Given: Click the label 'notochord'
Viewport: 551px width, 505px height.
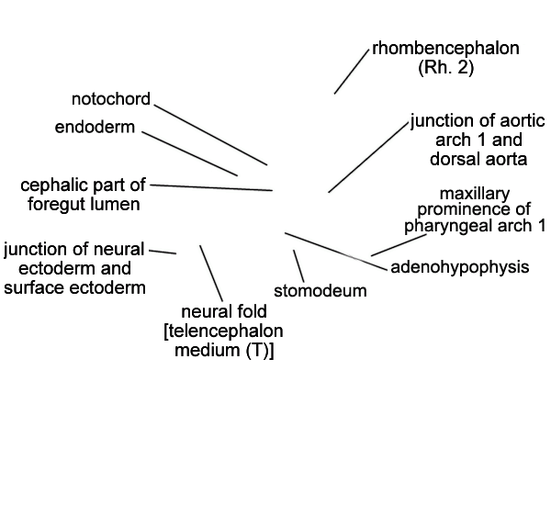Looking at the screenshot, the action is [x=111, y=99].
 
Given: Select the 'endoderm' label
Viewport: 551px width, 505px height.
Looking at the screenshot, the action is [x=95, y=127].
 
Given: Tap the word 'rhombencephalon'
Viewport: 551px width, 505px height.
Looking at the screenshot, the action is [x=445, y=48].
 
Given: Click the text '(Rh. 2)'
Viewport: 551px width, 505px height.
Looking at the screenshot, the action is [x=446, y=67].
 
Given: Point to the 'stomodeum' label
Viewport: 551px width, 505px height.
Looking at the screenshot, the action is [x=320, y=291].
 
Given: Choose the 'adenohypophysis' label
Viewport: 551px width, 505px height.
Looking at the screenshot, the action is [x=460, y=267].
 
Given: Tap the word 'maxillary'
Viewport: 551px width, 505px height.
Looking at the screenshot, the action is [x=475, y=194].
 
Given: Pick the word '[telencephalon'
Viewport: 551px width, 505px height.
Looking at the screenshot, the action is [x=223, y=331].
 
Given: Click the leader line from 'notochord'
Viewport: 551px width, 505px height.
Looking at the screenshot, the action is [x=210, y=135].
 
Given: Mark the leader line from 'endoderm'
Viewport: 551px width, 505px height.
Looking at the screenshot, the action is [x=190, y=153].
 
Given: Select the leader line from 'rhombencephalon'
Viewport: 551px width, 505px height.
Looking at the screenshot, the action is [x=352, y=72].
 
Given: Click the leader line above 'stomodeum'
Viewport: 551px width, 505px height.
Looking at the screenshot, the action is [x=298, y=266].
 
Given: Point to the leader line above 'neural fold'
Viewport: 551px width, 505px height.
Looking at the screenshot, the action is [x=211, y=273].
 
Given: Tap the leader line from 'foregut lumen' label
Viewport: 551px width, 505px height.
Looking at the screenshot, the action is [x=211, y=187].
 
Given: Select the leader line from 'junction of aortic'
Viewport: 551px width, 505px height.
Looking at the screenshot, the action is [x=368, y=158].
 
